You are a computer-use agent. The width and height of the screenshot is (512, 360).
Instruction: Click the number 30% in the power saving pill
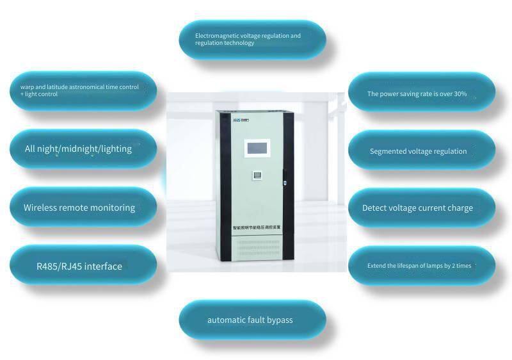click(x=459, y=94)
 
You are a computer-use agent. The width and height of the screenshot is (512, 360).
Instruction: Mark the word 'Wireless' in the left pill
click(x=42, y=208)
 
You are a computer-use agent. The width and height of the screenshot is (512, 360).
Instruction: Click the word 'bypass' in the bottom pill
click(x=279, y=320)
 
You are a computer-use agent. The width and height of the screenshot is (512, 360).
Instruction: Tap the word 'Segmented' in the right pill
click(x=388, y=152)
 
